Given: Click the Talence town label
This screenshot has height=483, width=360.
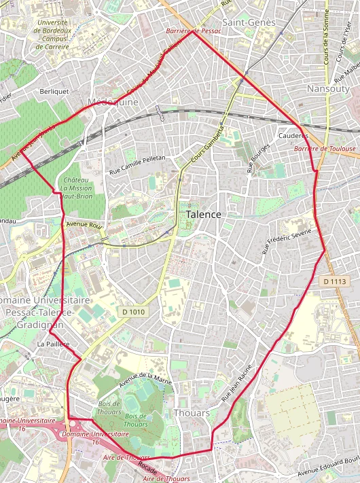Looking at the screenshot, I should point(203,214).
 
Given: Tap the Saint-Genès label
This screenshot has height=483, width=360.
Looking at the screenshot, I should point(259,22).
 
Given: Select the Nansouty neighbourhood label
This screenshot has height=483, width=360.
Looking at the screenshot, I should point(327,89).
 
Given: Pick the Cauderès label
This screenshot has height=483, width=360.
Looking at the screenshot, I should point(293,135).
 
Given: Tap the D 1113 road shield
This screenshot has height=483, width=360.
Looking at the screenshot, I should point(335,281).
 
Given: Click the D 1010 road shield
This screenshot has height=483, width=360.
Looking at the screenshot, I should point(134,311).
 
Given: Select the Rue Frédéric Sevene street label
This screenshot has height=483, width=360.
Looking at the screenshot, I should point(287,242).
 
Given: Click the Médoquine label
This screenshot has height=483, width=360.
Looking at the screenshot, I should point(113,102).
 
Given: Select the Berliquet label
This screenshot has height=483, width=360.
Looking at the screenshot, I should point(54,90).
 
